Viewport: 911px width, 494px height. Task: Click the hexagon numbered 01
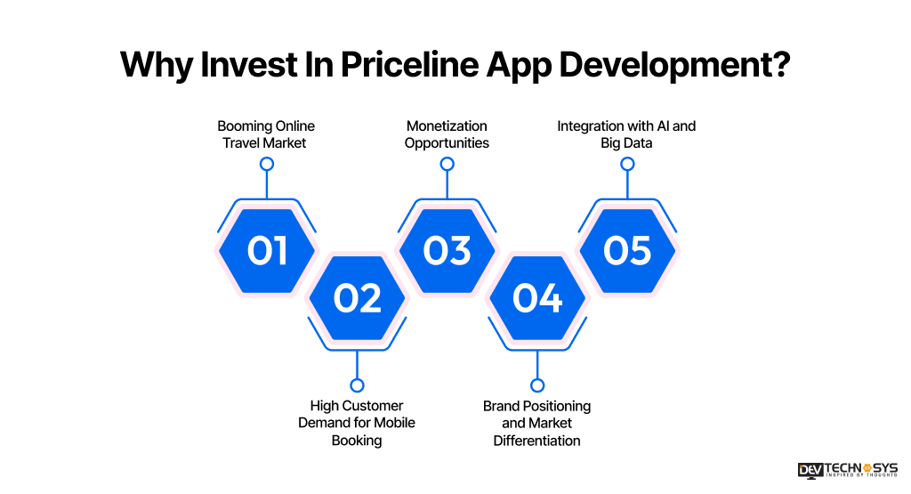[267, 250]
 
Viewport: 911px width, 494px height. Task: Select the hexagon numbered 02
[357, 297]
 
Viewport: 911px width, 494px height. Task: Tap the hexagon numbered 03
[447, 250]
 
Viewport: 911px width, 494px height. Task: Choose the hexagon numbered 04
[537, 297]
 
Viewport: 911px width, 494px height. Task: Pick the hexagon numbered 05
[627, 250]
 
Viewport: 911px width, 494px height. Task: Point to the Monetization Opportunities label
[447, 134]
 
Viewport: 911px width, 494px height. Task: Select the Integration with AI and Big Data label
[626, 134]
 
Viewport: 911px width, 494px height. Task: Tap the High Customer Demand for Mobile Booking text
[357, 423]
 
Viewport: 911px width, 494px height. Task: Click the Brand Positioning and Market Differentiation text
[536, 423]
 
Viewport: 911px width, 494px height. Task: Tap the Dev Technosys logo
[847, 471]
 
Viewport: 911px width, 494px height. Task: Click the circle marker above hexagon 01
[266, 164]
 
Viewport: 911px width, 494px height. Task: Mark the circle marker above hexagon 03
[447, 164]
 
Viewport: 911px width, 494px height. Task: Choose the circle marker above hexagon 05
[627, 164]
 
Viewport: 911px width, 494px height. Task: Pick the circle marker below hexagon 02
[357, 385]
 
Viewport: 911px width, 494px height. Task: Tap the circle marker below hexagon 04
[537, 385]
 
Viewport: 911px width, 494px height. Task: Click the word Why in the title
[152, 64]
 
